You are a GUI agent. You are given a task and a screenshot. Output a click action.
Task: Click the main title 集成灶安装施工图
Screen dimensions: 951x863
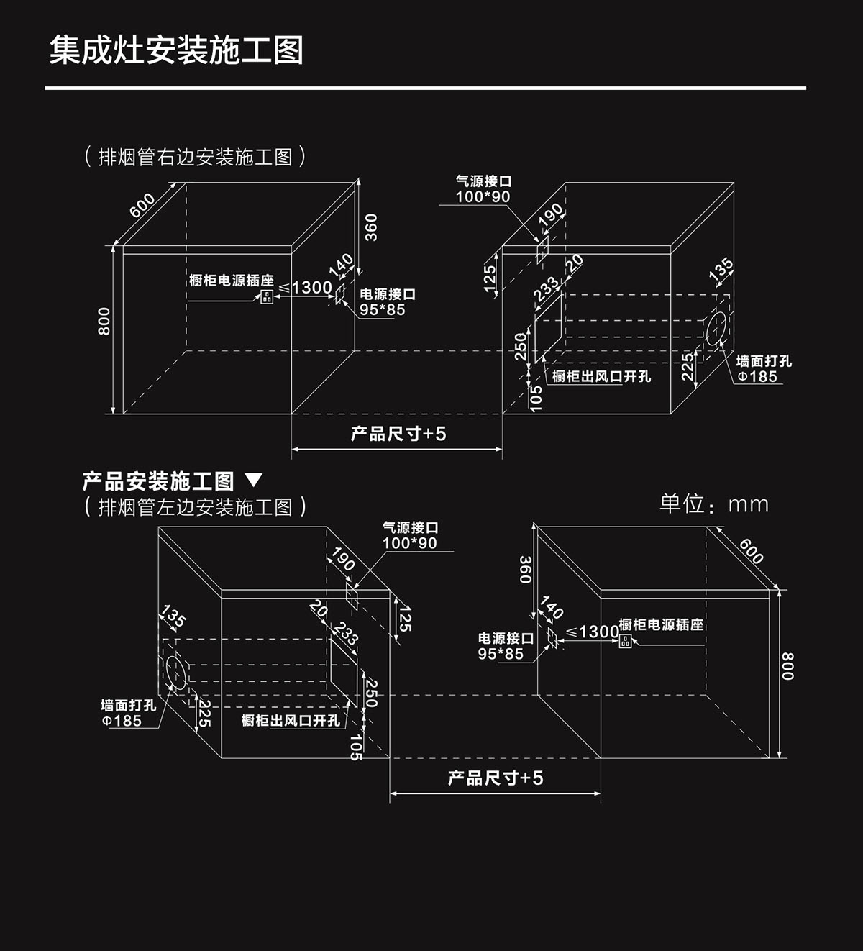176,50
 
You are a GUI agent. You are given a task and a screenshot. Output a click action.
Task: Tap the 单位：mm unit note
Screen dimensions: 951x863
713,504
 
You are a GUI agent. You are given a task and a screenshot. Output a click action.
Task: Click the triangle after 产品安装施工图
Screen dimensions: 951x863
254,480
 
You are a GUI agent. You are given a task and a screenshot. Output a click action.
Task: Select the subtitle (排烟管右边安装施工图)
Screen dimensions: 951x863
195,156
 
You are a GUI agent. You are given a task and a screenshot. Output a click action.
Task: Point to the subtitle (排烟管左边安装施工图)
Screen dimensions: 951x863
195,507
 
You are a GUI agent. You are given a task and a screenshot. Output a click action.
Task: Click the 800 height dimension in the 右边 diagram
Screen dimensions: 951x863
105,321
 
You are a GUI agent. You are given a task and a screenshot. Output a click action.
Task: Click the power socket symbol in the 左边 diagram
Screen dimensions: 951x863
625,640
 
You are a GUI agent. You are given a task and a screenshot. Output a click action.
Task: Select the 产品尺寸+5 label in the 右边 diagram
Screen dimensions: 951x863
398,434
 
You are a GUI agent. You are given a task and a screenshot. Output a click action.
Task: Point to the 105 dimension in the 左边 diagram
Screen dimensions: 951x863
355,747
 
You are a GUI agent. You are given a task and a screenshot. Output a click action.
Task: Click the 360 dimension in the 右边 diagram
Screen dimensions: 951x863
371,227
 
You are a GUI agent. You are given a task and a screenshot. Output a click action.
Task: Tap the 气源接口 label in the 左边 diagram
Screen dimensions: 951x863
410,527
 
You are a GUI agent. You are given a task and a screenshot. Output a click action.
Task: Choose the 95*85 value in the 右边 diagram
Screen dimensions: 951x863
383,310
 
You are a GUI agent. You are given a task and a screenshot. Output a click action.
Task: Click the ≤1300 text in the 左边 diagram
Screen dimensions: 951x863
593,632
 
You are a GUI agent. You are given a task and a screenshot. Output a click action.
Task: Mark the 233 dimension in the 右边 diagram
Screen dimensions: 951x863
547,289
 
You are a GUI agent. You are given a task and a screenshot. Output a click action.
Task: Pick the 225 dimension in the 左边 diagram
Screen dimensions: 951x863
204,712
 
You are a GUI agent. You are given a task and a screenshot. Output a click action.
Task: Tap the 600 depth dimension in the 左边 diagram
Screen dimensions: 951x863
751,550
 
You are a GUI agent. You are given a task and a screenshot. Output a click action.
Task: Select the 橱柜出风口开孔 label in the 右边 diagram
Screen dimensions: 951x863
601,376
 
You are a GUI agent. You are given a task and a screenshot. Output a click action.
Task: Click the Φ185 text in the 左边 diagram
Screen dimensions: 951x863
122,721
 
